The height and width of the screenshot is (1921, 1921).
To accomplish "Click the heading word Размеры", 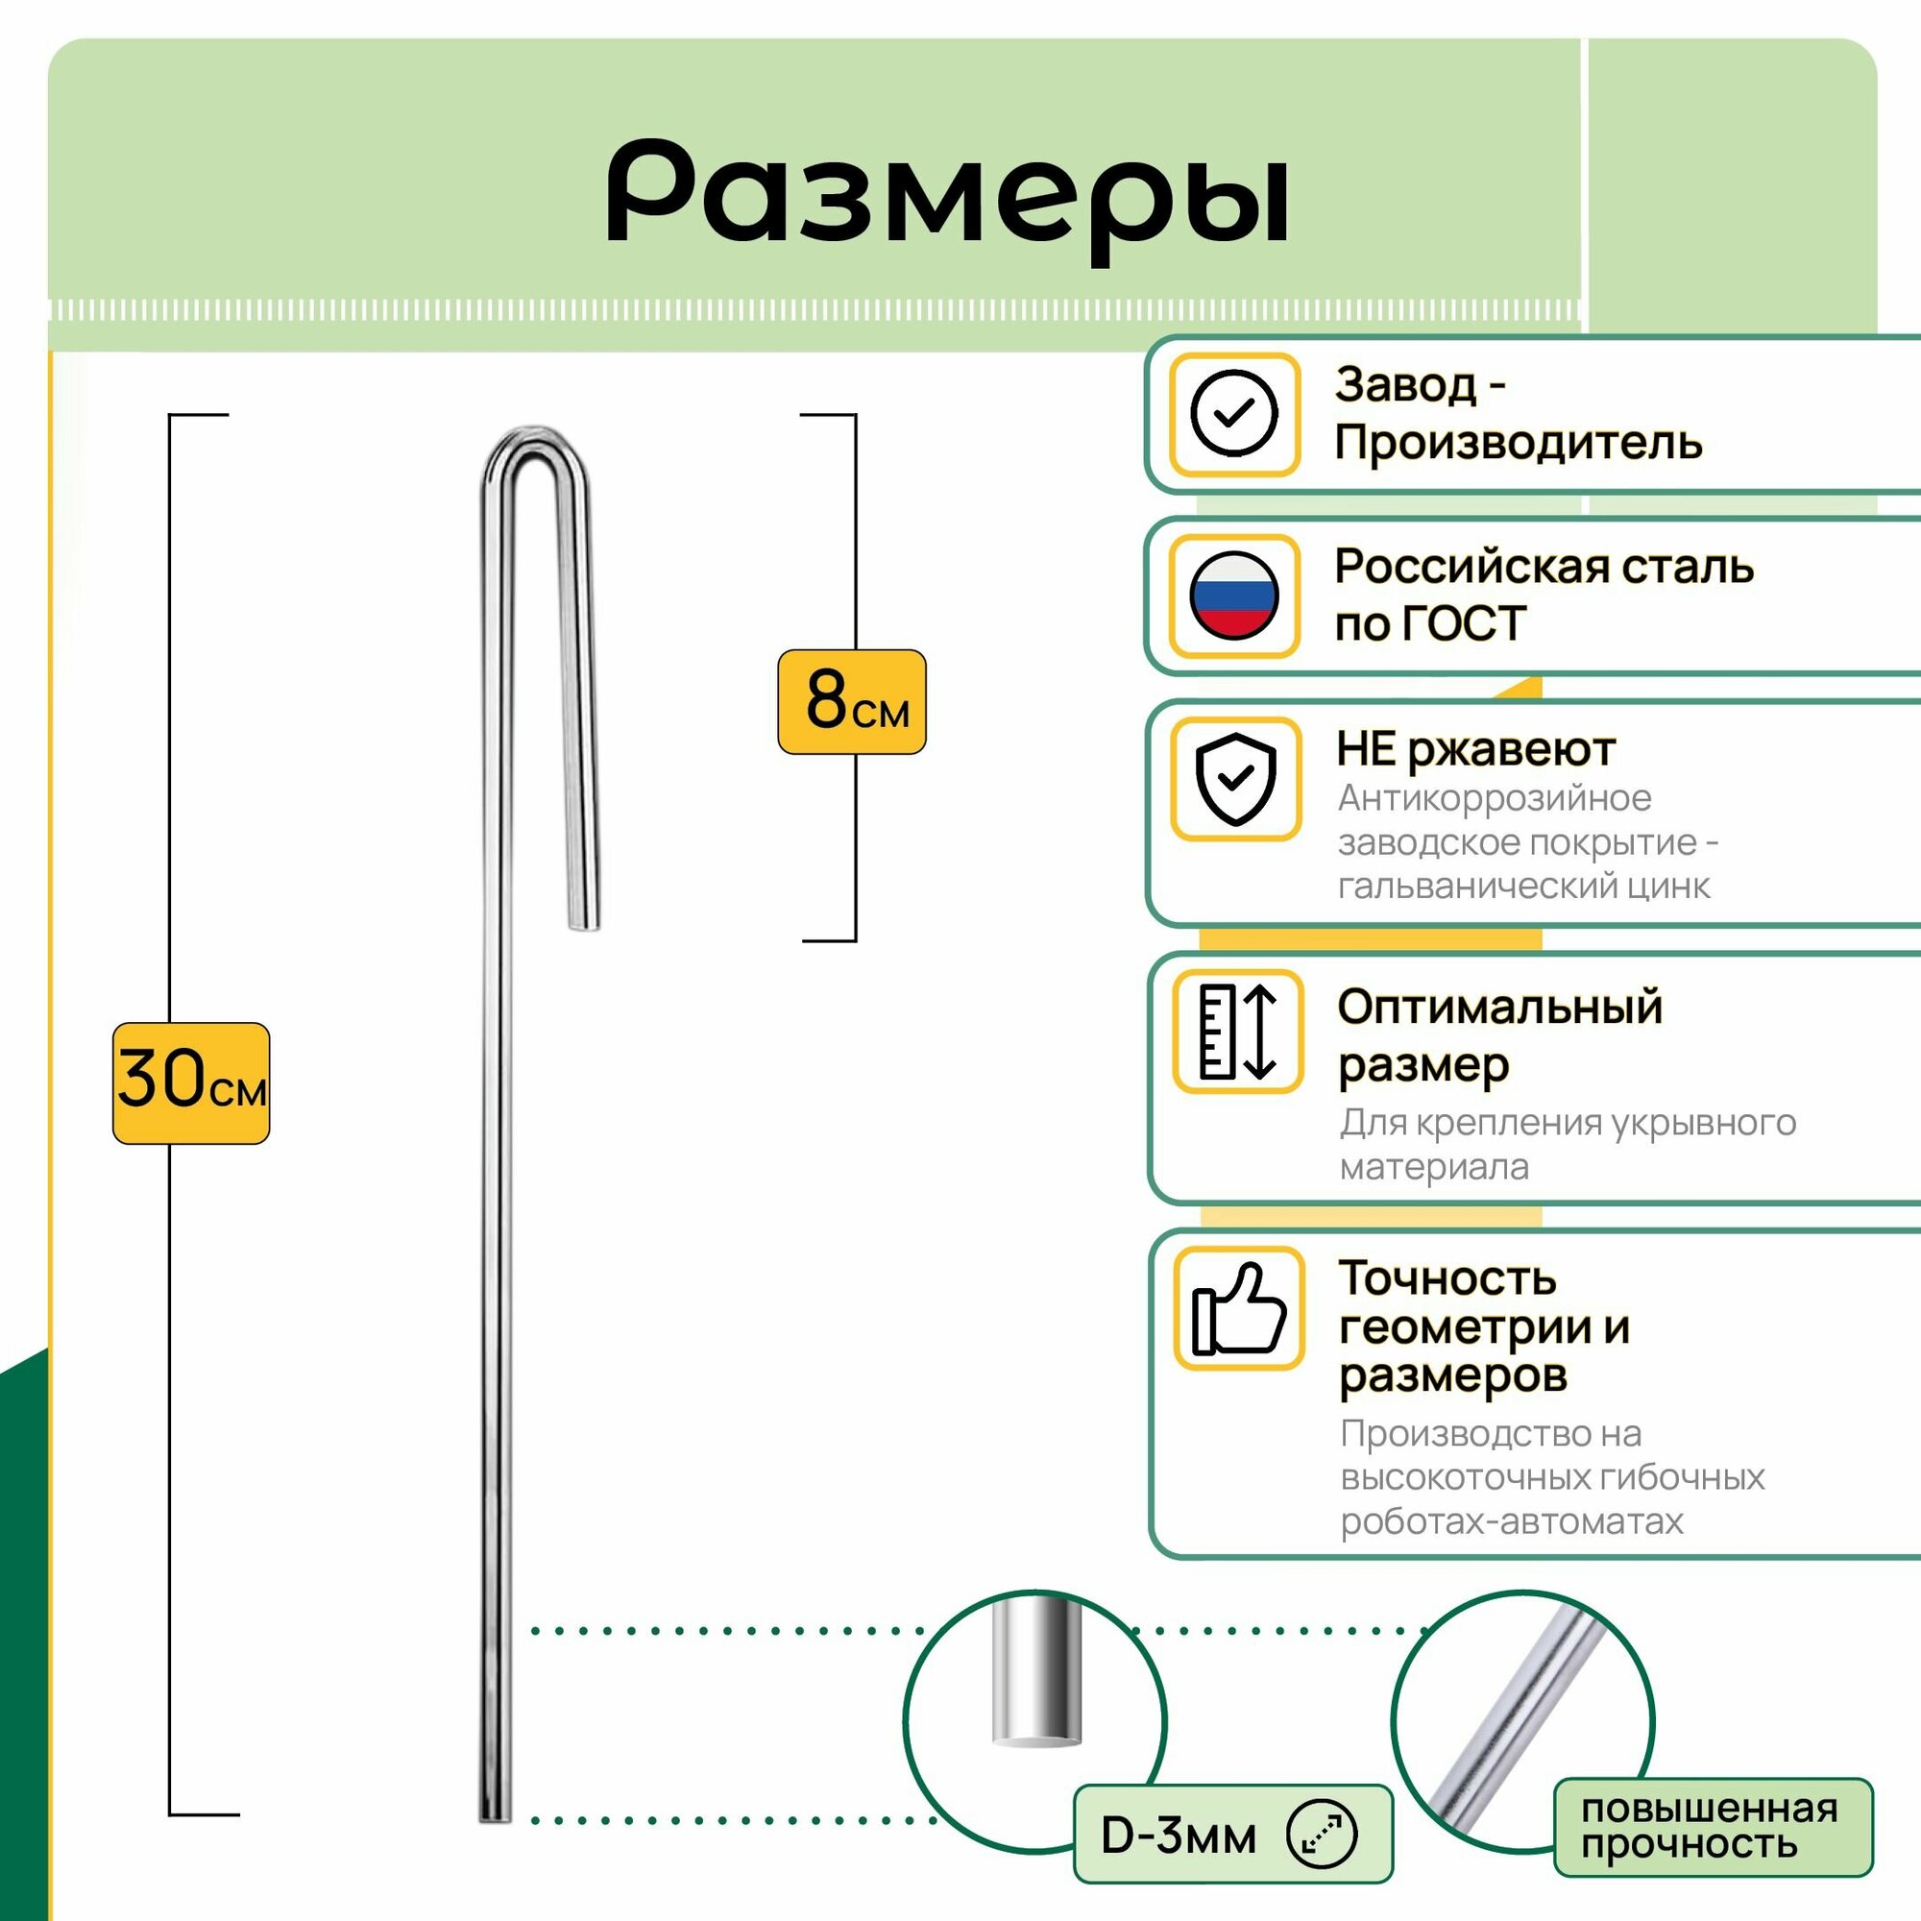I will (948, 195).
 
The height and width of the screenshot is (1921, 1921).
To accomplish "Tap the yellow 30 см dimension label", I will (191, 1082).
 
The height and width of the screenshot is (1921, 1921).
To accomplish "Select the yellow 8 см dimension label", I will (851, 702).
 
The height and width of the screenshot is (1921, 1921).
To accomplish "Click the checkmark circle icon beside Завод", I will (1234, 414).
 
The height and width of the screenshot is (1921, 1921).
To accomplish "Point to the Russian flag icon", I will (1234, 596).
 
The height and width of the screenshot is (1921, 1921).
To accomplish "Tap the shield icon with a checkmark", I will (1235, 779).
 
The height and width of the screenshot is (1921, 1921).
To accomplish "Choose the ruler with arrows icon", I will (1237, 1033).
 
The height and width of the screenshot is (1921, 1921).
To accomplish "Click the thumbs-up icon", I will (1238, 1308).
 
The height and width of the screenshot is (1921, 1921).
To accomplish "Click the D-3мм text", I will (1179, 1836).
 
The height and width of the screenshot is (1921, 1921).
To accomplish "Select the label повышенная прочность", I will (1710, 1827).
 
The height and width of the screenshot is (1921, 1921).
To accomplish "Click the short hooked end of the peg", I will (585, 914).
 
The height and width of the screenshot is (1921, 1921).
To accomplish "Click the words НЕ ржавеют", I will (1475, 749).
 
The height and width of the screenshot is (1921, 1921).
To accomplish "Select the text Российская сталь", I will (1544, 567).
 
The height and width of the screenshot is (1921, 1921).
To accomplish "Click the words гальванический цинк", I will (1523, 885).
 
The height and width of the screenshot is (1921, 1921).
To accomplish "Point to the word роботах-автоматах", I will (1511, 1521).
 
